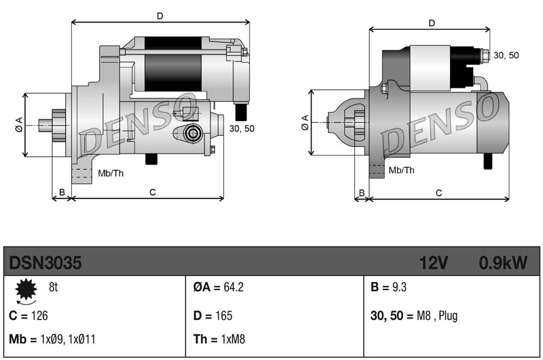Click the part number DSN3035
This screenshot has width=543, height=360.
(45, 262)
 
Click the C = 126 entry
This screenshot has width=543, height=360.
(29, 316)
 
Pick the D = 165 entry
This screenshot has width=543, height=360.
(212, 316)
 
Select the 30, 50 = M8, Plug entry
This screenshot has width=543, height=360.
(414, 316)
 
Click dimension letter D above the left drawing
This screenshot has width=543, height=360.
(160, 15)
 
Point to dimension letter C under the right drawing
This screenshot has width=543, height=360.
(438, 193)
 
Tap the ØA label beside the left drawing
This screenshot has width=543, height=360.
(19, 124)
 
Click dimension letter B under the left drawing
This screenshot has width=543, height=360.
(61, 193)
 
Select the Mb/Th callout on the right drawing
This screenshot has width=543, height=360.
(402, 170)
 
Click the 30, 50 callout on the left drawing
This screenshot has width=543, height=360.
(242, 128)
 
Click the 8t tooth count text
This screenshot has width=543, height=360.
(54, 287)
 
